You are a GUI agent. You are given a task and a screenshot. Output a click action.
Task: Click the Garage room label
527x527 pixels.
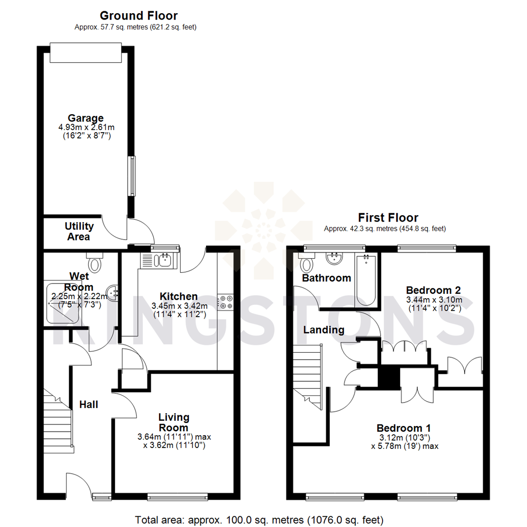85,118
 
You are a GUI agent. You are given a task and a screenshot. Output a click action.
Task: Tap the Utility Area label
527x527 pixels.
79,231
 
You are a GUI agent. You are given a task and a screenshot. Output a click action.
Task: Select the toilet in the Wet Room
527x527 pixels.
95,263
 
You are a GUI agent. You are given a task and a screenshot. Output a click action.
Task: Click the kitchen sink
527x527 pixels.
163,261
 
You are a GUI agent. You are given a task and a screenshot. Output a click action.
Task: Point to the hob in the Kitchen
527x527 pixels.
225,302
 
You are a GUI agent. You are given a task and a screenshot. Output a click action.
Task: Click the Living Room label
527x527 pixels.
174,422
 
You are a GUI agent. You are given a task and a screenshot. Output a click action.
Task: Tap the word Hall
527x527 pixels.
89,405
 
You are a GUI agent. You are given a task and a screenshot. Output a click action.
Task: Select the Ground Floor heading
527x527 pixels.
139,16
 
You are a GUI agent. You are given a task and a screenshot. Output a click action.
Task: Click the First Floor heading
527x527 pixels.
388,217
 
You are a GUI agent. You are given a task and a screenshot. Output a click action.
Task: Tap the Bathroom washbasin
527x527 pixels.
335,258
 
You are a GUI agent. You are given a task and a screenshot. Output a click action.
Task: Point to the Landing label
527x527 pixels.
324,330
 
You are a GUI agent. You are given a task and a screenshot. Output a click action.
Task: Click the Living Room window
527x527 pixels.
178,497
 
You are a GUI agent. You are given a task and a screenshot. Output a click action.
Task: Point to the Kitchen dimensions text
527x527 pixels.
179,310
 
